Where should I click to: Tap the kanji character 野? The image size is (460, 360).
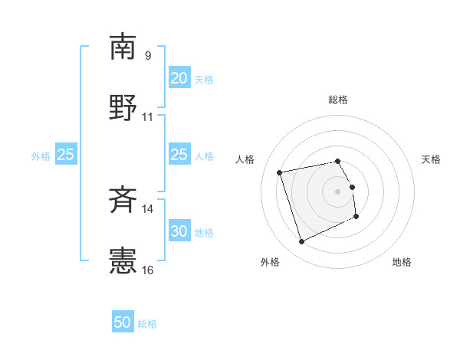pos(123,108)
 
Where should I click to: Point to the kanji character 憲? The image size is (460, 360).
pos(123,261)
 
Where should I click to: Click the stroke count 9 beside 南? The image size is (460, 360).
pos(147,55)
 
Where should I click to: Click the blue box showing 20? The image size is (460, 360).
pos(179,78)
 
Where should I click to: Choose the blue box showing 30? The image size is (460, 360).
pos(179,231)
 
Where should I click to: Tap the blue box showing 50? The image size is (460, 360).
pos(123,322)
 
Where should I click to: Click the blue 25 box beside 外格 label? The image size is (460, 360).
pos(66,155)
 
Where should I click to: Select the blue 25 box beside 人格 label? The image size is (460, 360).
pos(179,155)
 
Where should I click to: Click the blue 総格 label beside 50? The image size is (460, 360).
pos(147,324)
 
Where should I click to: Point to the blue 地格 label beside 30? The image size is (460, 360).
pos(204,232)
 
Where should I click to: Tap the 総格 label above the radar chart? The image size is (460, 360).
pos(338,100)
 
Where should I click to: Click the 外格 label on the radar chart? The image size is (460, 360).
pos(270,263)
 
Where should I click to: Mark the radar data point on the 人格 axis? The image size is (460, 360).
pos(280,172)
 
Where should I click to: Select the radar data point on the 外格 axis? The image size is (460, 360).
pos(301,242)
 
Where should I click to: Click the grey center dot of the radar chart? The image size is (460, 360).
pos(338,191)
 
